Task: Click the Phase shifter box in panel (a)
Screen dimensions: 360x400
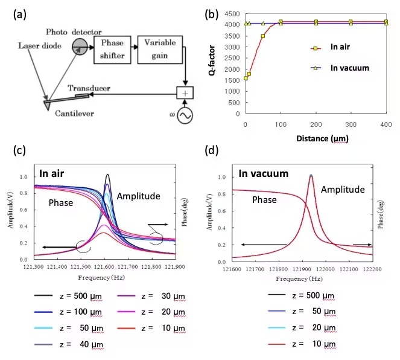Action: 112,48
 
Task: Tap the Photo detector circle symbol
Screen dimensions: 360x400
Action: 78,45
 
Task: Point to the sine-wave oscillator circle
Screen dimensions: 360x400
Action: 185,115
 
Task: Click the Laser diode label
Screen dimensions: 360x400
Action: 38,45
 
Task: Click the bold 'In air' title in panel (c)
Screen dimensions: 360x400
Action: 54,173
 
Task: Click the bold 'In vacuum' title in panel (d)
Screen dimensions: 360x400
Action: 264,174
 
